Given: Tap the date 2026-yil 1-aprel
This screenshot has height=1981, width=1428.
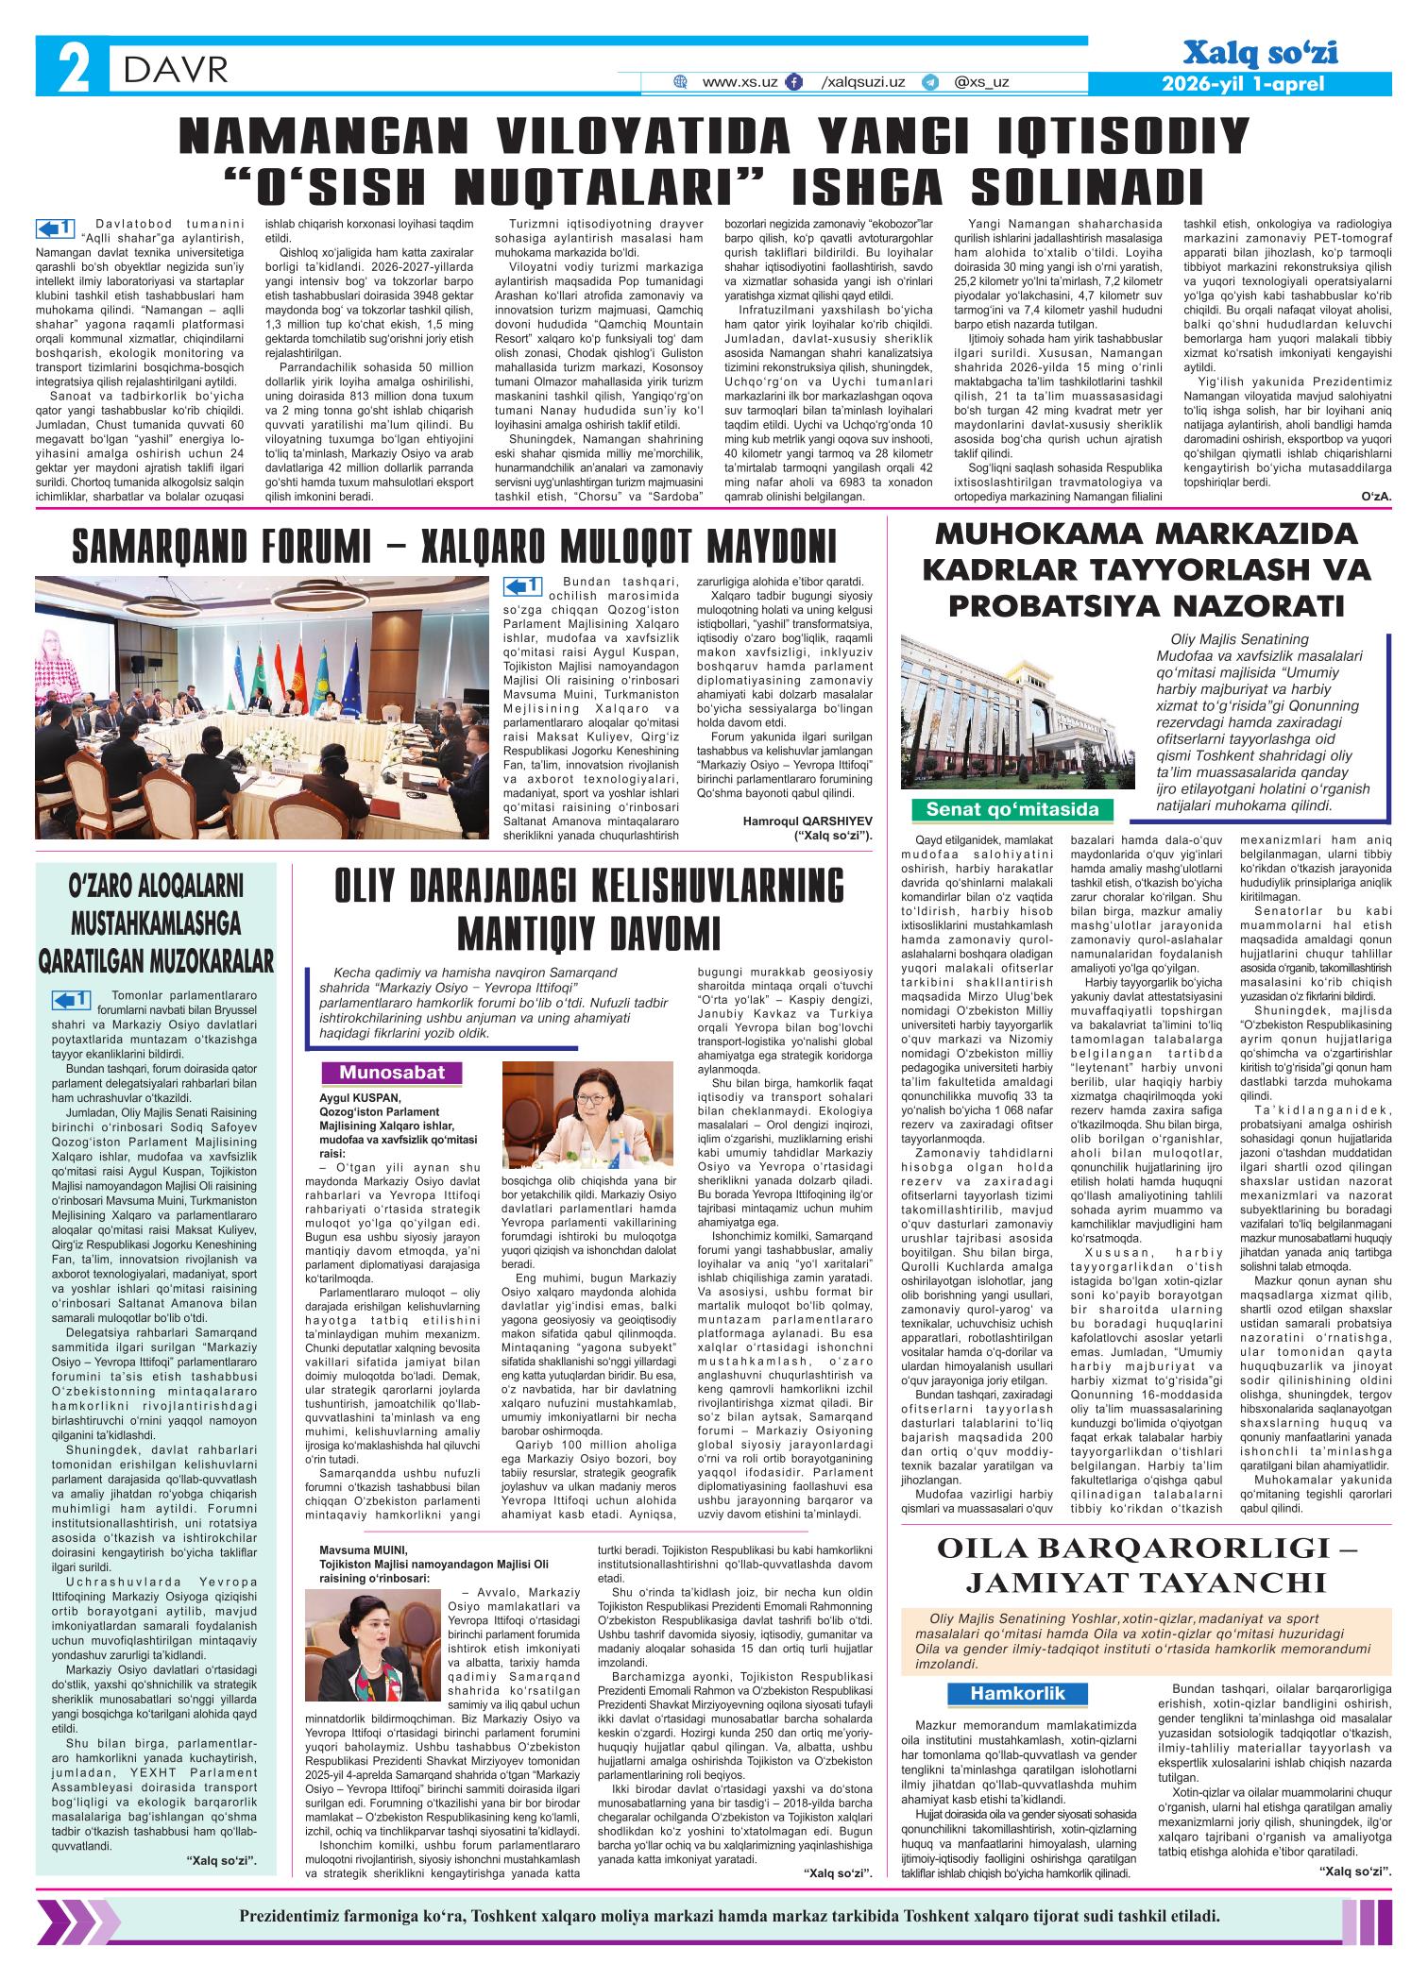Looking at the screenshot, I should pyautogui.click(x=1243, y=84).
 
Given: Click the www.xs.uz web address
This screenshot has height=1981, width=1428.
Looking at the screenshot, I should pyautogui.click(x=739, y=82).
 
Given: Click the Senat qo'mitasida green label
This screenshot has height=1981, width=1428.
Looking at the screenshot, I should pyautogui.click(x=1011, y=809).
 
